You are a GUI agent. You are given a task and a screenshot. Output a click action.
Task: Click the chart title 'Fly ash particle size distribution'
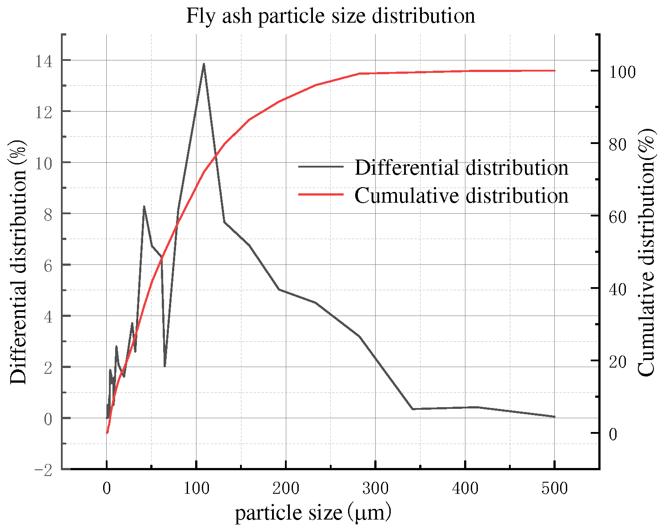click(x=330, y=16)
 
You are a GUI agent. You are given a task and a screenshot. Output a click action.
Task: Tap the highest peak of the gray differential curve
click(x=204, y=64)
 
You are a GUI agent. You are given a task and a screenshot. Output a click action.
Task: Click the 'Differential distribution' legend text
click(x=461, y=168)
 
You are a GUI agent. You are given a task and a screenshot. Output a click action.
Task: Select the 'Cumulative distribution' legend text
click(x=461, y=196)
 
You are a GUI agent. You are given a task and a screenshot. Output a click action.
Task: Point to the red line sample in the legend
click(x=321, y=195)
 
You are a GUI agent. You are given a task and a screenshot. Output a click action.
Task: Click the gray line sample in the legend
click(x=321, y=167)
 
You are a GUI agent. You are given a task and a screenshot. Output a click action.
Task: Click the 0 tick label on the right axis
click(x=613, y=434)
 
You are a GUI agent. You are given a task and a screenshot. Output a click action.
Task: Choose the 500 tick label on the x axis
click(x=554, y=488)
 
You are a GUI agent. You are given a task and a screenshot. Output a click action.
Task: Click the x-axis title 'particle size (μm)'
click(x=313, y=513)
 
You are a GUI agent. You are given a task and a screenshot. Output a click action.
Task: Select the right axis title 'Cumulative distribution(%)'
click(x=647, y=252)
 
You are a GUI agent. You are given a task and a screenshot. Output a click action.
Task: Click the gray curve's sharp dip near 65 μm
click(x=164, y=366)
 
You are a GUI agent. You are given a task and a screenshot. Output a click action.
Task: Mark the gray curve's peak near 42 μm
click(x=144, y=206)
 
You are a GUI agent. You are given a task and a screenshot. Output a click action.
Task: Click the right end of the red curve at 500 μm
click(x=554, y=70)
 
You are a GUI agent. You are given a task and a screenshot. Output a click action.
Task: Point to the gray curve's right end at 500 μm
click(x=554, y=416)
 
